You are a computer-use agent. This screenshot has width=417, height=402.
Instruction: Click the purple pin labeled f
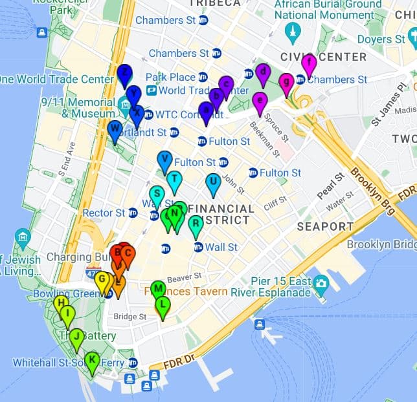[309, 65]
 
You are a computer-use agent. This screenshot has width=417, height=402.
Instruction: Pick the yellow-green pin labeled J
[76, 337]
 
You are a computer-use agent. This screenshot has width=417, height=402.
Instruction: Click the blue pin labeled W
[115, 129]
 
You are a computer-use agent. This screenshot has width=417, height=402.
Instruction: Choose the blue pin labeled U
[212, 182]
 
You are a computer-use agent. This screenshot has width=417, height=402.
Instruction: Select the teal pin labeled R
[195, 224]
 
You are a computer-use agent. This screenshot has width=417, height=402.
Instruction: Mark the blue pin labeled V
[164, 160]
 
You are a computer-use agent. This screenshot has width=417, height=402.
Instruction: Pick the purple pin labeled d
[262, 72]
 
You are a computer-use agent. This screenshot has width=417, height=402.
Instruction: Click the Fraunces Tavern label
[186, 291]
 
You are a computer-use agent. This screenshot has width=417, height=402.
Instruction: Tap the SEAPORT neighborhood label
[325, 226]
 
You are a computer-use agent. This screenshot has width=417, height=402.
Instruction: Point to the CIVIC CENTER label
[324, 57]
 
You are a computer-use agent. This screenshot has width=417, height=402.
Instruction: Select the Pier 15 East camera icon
[321, 282]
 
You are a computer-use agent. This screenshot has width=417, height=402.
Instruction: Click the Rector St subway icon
[133, 213]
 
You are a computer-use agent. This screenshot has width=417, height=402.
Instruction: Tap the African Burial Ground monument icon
[293, 30]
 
